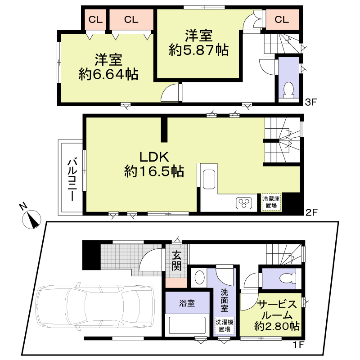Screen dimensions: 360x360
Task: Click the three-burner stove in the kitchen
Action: point(244,203)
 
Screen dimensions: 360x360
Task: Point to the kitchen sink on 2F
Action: point(209,179)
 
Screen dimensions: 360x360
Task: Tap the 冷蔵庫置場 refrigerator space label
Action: point(271,202)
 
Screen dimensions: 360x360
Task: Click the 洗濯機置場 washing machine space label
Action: point(224,325)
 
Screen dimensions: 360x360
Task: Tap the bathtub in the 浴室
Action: point(187,325)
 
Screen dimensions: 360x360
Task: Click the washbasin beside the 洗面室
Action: point(199,277)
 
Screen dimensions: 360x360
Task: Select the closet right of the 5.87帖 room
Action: point(282,19)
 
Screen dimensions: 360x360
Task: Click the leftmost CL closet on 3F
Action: point(95,19)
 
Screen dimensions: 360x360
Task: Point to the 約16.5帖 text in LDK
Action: point(154,171)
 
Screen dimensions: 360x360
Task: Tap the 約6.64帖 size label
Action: point(108,74)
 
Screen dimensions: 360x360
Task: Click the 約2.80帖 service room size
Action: point(277,326)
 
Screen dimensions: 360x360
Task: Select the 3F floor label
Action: point(311,102)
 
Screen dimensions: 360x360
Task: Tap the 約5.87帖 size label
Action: point(199,50)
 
